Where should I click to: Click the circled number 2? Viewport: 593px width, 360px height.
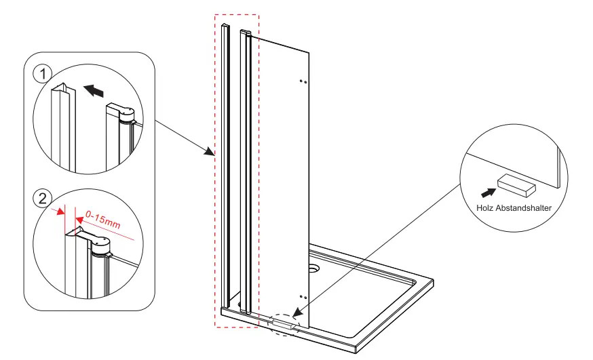tap(42, 199)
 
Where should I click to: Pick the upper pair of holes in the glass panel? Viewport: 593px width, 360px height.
tap(303, 81)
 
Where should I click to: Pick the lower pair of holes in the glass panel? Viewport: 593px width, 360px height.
tap(303, 297)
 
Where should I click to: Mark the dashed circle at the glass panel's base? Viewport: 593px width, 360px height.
tap(283, 323)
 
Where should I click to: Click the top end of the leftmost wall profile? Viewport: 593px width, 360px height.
tap(224, 26)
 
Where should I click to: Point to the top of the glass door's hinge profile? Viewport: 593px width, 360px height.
tap(246, 33)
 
